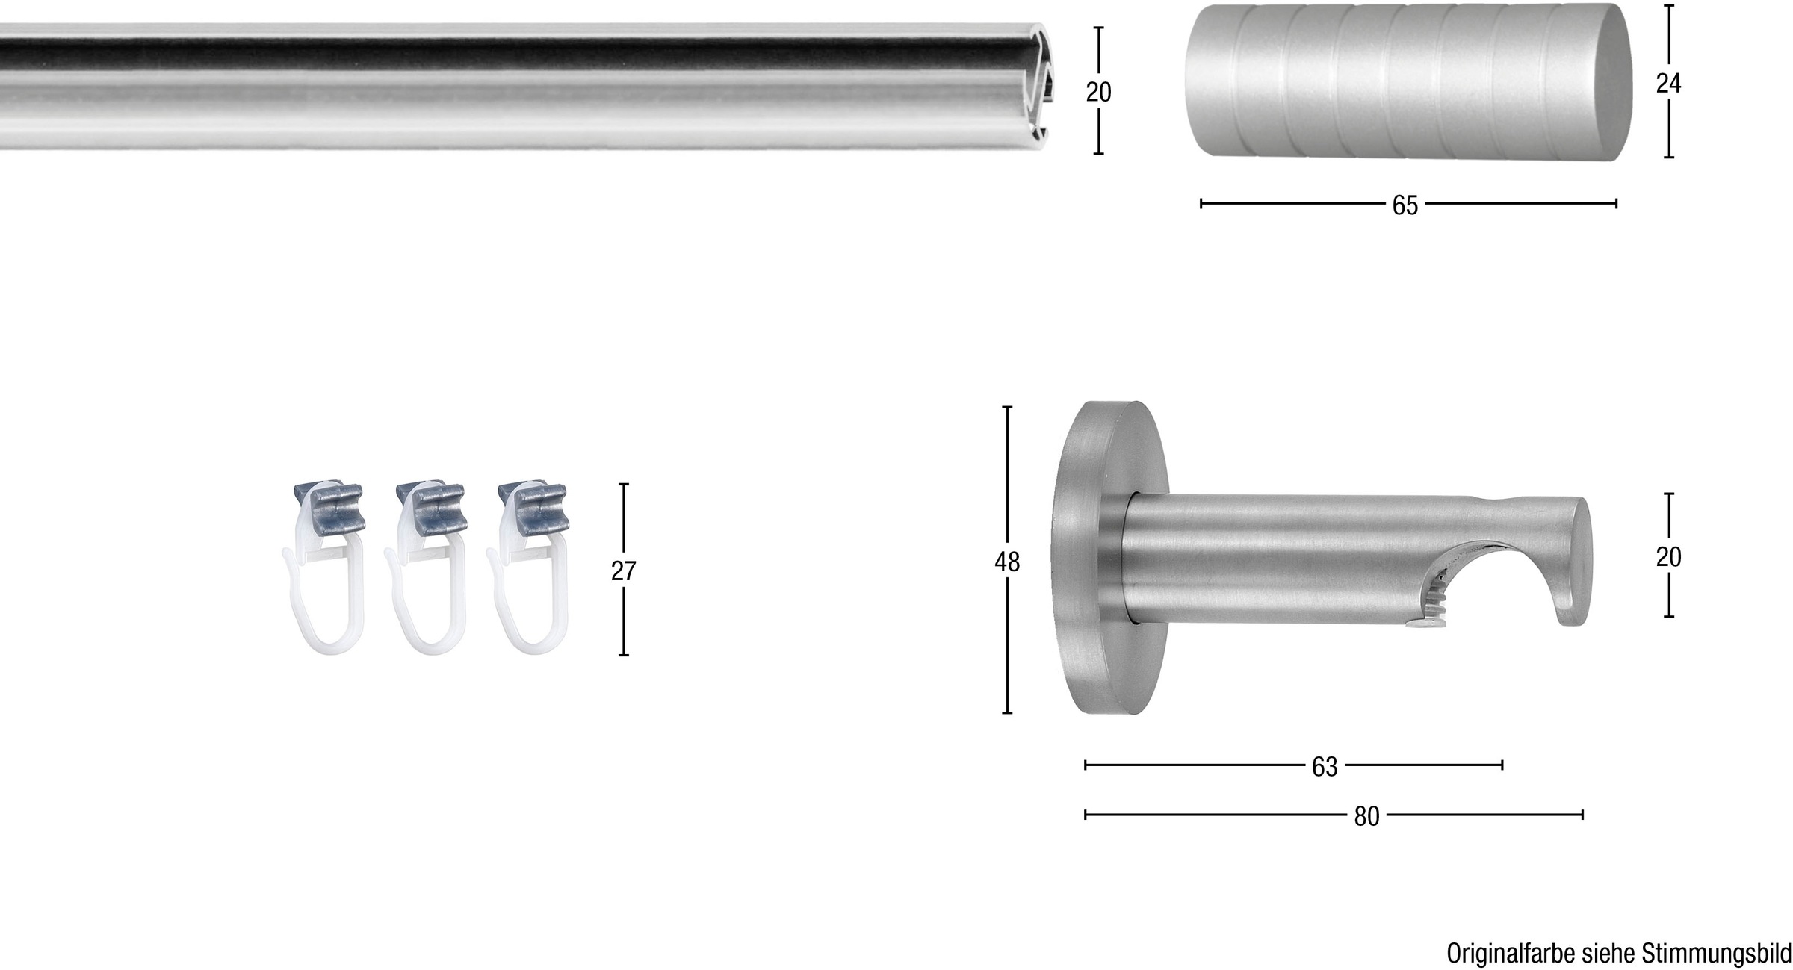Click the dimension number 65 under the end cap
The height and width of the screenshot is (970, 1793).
point(1405,205)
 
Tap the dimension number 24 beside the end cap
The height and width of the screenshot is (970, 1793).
point(1668,84)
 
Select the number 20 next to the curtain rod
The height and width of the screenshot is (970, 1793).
point(1098,92)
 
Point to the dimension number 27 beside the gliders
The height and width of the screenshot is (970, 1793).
point(623,571)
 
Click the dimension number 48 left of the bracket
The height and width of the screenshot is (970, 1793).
point(1006,562)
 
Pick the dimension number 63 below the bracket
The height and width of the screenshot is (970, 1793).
point(1325,767)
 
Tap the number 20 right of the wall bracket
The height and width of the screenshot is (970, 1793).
point(1668,557)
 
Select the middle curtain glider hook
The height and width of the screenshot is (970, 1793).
point(422,597)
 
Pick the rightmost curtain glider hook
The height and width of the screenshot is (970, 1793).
point(524,597)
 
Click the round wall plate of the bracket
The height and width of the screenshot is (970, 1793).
point(1083,560)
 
